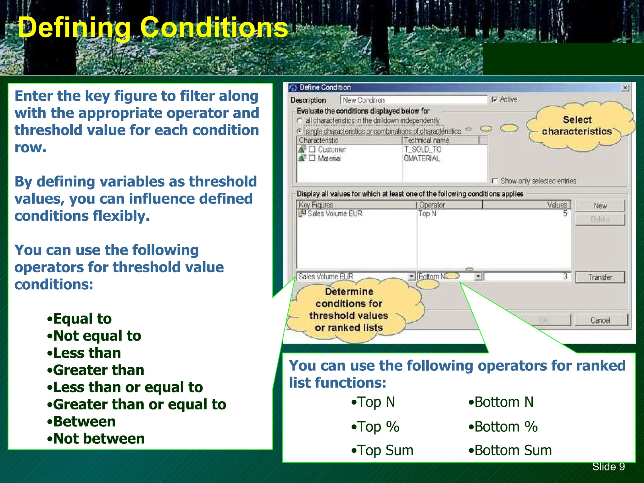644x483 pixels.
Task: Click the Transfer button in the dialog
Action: pyautogui.click(x=600, y=277)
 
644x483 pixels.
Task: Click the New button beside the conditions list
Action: pyautogui.click(x=600, y=206)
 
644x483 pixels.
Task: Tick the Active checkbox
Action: pyautogui.click(x=495, y=100)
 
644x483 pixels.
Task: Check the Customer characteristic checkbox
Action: pyautogui.click(x=312, y=149)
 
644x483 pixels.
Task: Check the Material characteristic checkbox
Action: pyautogui.click(x=312, y=158)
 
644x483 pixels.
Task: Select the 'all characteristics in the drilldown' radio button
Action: pyautogui.click(x=300, y=121)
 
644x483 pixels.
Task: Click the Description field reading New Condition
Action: pyautogui.click(x=413, y=100)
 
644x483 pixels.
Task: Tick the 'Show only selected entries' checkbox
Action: pyautogui.click(x=495, y=181)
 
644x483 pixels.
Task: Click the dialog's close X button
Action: pyautogui.click(x=625, y=88)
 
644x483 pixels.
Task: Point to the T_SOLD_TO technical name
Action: pyautogui.click(x=423, y=149)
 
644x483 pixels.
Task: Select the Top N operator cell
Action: pyautogui.click(x=427, y=214)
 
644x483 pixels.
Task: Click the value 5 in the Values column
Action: pyautogui.click(x=565, y=214)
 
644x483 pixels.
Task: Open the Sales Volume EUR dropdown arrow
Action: pyautogui.click(x=411, y=276)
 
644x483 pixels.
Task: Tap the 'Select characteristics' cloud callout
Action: pyautogui.click(x=577, y=126)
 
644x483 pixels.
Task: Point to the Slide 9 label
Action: pyautogui.click(x=608, y=467)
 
